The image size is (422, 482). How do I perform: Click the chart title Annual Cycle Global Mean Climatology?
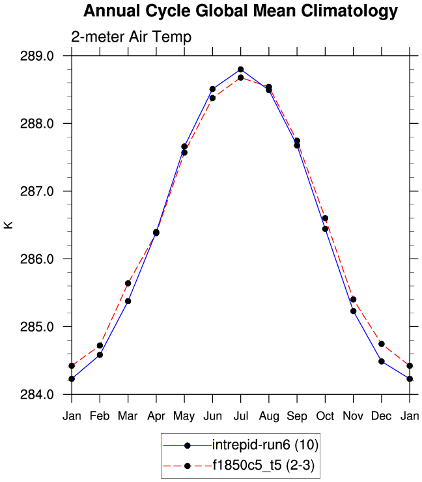tap(240, 11)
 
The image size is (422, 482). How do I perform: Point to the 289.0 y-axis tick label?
tap(38, 56)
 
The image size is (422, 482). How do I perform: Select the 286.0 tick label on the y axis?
tap(38, 259)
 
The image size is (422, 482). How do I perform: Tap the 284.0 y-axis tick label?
tap(38, 395)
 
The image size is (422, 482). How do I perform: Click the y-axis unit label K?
tap(8, 225)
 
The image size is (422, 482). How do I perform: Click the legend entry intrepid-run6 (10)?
tap(265, 446)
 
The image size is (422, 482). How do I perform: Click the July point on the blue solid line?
tap(240, 70)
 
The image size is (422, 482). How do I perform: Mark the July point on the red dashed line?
tap(240, 78)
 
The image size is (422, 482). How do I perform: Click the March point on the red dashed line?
tap(128, 283)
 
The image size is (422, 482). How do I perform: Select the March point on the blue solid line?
tap(128, 301)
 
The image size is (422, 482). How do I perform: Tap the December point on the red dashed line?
tap(382, 344)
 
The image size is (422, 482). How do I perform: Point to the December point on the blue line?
tap(382, 361)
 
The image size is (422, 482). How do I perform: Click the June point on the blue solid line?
tap(212, 89)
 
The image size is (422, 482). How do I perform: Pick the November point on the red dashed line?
tap(354, 300)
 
